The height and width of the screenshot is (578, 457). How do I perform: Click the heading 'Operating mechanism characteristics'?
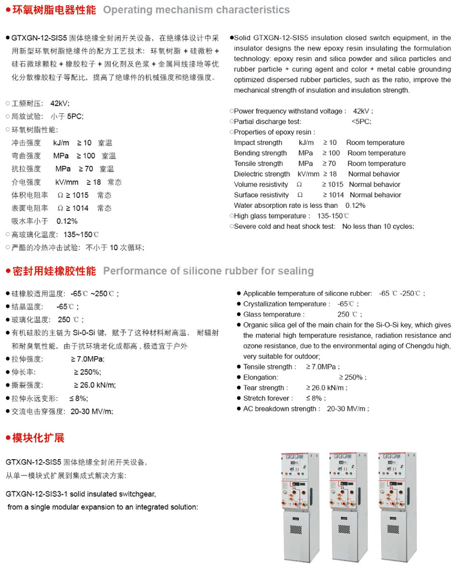[x=196, y=10]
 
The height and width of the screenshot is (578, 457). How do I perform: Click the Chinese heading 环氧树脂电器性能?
[x=53, y=10]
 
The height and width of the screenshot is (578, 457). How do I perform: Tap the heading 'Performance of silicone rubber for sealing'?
[x=208, y=271]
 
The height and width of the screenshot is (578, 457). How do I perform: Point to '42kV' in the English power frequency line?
[x=361, y=111]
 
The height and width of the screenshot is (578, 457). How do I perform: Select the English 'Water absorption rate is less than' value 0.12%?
[x=355, y=206]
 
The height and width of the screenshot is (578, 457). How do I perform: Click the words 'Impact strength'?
[x=258, y=142]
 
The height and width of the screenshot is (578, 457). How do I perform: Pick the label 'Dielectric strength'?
[x=262, y=174]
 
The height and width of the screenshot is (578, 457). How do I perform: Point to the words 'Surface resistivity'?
[x=261, y=195]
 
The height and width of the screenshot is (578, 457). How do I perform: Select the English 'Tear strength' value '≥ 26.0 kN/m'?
[x=327, y=388]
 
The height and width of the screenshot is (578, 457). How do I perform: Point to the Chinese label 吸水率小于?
[x=30, y=221]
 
